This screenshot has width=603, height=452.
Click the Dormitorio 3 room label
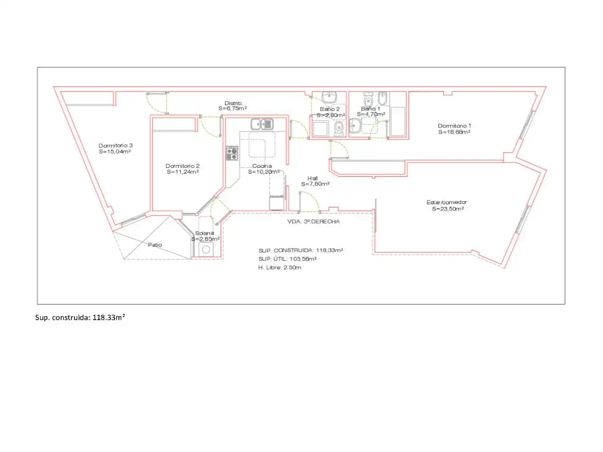pyautogui.click(x=116, y=146)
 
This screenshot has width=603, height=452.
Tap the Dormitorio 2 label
pyautogui.click(x=183, y=166)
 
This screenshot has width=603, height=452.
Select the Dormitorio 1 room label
pyautogui.click(x=455, y=126)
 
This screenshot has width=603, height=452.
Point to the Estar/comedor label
pyautogui.click(x=447, y=202)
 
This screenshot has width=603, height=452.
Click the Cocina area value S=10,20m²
pyautogui.click(x=264, y=172)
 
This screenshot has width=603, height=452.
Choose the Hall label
pyautogui.click(x=312, y=178)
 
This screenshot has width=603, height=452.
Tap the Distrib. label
pyautogui.click(x=233, y=103)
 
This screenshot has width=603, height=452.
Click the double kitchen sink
pyautogui.click(x=262, y=124)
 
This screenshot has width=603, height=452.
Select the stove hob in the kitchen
pyautogui.click(x=232, y=153)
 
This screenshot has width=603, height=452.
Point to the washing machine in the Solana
pyautogui.click(x=206, y=249)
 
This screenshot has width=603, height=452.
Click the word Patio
pyautogui.click(x=155, y=245)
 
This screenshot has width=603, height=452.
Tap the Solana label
pyautogui.click(x=204, y=233)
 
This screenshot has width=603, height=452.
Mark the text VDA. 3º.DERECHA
pyautogui.click(x=313, y=222)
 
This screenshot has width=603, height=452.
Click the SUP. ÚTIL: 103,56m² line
pyautogui.click(x=288, y=259)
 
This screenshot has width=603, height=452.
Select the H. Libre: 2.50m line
pyautogui.click(x=280, y=268)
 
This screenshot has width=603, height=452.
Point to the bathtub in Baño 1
pyautogui.click(x=398, y=121)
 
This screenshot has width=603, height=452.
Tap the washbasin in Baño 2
pyautogui.click(x=329, y=97)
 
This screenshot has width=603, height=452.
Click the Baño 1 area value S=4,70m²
pyautogui.click(x=371, y=114)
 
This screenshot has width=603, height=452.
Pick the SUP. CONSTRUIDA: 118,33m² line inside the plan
pyautogui.click(x=300, y=250)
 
